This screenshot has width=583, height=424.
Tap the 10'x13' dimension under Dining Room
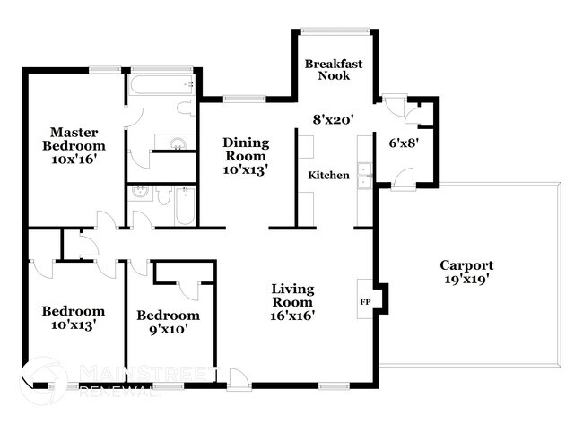coord(246,168)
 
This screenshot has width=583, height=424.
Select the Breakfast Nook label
coord(334,70)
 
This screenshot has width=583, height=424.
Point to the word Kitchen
coord(328,176)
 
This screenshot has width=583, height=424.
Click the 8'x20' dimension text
coord(334,118)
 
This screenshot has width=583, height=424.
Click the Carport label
coord(466,265)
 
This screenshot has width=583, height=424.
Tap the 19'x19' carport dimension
coord(466,281)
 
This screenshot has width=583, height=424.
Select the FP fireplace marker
coord(365,301)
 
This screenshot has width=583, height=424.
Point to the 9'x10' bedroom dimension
coord(167,330)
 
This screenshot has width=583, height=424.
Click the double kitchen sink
coord(364,175)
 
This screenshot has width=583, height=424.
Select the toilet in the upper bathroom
coord(186,108)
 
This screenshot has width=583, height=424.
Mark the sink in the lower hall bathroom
coord(140,192)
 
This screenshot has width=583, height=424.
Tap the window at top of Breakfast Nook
coord(335,31)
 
